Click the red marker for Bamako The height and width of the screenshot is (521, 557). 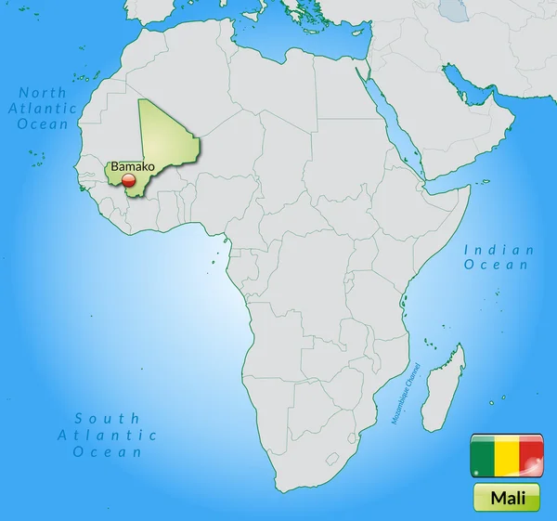click(x=128, y=181)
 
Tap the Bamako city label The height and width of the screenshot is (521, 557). click(x=129, y=167)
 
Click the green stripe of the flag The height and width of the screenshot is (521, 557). click(x=483, y=456)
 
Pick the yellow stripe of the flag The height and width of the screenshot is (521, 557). click(x=507, y=456)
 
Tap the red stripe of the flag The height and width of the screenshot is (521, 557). click(x=531, y=456)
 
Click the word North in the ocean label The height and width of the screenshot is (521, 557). click(x=44, y=93)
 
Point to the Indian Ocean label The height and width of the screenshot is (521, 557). click(x=499, y=257)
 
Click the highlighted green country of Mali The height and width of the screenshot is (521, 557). click(x=167, y=149)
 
